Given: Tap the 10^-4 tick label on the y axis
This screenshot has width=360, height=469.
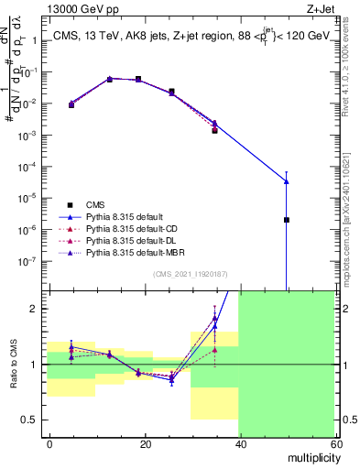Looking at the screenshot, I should tap(31, 167).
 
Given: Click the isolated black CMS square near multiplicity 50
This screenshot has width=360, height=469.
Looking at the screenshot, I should tap(287, 220).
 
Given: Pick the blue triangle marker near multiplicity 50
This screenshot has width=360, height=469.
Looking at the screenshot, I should tap(287, 180).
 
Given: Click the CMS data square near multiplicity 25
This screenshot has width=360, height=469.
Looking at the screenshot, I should tap(171, 92).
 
